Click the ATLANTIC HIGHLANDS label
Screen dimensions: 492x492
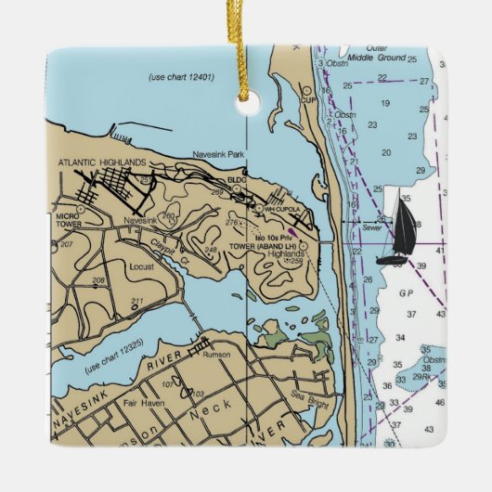pos(102,162)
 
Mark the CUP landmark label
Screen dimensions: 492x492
pos(309,98)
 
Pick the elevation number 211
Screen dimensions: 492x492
pos(137,301)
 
